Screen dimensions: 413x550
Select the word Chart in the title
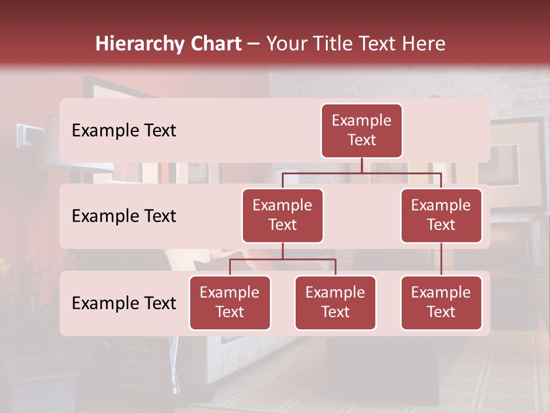coord(215,44)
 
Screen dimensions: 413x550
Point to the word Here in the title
coord(425,44)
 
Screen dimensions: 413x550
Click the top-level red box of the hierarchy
coord(362,131)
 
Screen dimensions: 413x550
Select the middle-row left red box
coord(282,216)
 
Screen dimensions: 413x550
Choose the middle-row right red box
coord(441,216)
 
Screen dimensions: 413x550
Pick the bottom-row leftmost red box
coord(230,303)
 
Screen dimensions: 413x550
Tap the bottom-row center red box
coord(335,303)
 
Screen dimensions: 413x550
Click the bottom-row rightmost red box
coord(441,303)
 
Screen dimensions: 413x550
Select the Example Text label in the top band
coord(124,131)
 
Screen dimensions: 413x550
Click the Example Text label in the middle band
coord(124,216)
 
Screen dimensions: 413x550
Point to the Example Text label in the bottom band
coord(124,303)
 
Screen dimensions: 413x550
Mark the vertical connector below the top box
coord(362,165)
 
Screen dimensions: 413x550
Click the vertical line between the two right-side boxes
coord(441,259)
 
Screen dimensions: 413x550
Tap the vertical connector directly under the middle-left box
coord(282,251)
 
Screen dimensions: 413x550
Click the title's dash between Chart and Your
coord(254,44)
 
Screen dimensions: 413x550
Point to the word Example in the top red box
coord(362,120)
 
